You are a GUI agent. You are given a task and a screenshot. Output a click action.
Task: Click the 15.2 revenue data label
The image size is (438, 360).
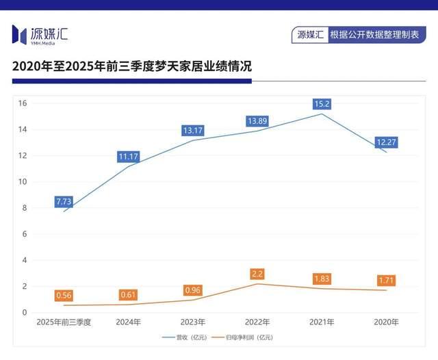pos(322,104)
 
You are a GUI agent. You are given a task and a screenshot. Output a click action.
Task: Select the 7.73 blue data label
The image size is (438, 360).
pos(64,201)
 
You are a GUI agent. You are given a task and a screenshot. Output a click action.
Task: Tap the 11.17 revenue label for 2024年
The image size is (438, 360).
pos(128,157)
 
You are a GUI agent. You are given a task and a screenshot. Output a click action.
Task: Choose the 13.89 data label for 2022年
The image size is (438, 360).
pos(257,121)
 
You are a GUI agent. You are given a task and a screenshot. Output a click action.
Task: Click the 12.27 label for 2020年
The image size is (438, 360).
pos(386,142)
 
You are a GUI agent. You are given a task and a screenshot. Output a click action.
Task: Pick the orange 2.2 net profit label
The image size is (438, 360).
pos(257,274)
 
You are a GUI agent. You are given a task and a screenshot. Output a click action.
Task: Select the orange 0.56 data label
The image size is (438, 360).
pos(64,295)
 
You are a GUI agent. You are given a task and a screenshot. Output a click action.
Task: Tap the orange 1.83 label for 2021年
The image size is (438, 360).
pos(322,279)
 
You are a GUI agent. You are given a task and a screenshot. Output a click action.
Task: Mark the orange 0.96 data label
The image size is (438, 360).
pos(193,290)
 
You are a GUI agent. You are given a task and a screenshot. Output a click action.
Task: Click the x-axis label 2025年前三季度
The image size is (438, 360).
pos(64,322)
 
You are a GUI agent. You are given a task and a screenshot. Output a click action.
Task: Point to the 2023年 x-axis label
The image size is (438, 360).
pos(193,322)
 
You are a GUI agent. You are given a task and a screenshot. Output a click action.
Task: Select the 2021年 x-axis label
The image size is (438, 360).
pos(322,322)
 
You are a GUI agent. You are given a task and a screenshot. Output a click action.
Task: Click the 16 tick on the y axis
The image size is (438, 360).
pos(22,103)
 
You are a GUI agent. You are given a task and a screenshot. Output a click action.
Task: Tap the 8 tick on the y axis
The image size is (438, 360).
pos(24,208)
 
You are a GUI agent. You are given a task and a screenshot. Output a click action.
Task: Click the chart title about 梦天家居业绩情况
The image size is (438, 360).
pos(132,67)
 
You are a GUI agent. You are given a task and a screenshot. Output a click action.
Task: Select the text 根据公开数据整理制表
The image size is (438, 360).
pos(373,34)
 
